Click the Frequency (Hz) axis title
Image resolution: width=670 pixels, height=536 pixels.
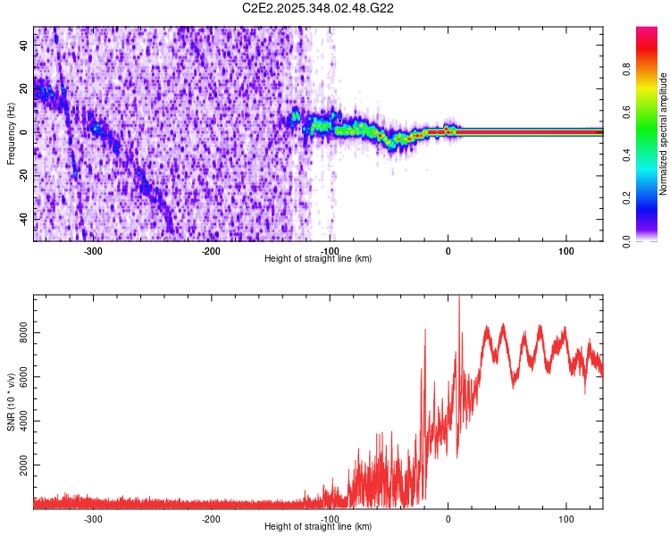tap(11, 134)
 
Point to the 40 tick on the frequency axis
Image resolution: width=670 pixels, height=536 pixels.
tap(24, 46)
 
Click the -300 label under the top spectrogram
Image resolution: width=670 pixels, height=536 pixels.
tap(94, 250)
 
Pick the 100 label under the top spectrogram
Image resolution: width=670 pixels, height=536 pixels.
tap(565, 250)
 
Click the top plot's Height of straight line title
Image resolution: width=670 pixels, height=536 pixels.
tap(318, 259)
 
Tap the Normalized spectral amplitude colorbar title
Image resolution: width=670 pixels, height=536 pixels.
tap(664, 134)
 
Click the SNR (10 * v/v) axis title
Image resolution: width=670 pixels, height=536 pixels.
tap(11, 402)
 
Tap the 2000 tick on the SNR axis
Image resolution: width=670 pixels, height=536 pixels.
tap(21, 466)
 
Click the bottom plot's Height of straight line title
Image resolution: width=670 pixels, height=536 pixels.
tap(318, 527)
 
